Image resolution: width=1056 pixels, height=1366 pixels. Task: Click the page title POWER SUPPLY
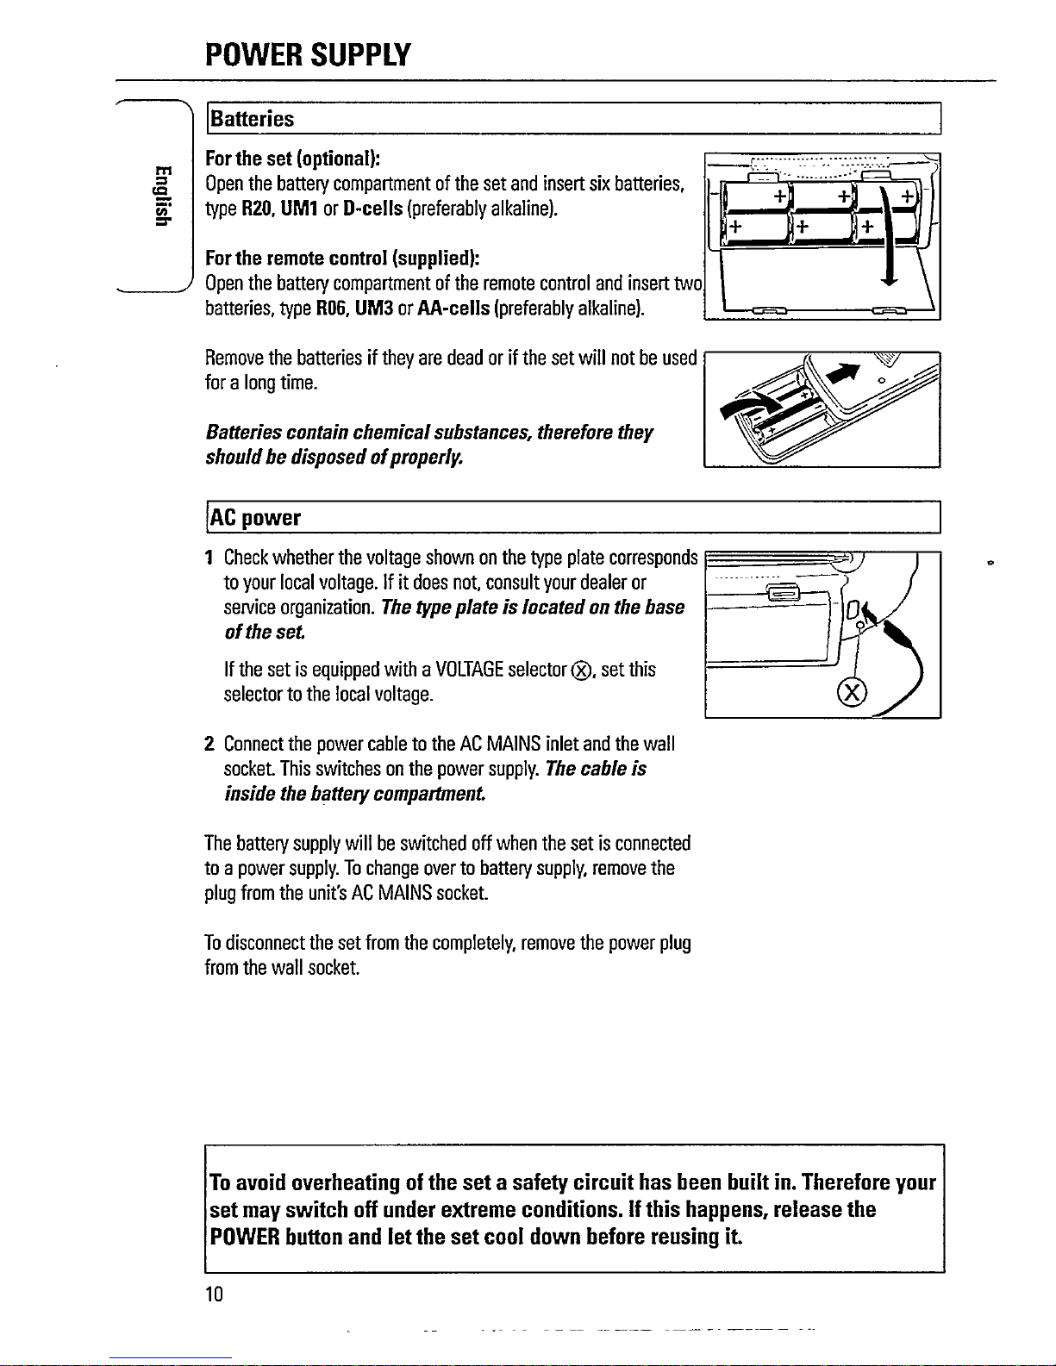pos(308,55)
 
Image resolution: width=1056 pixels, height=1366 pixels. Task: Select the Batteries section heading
pos(253,119)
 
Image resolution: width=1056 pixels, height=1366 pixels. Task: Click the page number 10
pos(214,1294)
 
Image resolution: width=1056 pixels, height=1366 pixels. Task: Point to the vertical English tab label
pos(158,194)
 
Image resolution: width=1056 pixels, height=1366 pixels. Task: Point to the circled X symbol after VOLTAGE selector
pos(585,671)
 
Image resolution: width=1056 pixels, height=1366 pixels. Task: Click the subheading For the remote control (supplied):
pos(342,259)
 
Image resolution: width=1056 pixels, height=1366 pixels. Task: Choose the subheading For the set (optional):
pos(292,159)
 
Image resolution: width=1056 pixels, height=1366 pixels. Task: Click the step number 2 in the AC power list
pos(209,744)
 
